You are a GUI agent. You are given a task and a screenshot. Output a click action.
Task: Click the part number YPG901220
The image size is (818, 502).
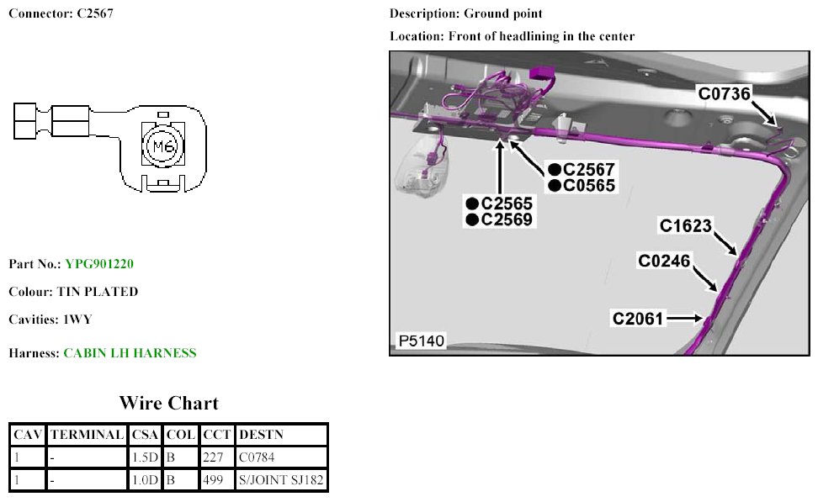pos(99,264)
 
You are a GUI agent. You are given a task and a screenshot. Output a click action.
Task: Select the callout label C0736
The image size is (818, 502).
pos(724,93)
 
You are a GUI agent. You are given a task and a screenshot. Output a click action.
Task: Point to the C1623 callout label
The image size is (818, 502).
pos(686,225)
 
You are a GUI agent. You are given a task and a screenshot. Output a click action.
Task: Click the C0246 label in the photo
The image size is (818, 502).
pos(665,262)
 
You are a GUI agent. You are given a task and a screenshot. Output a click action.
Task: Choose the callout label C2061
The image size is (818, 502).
pos(639,319)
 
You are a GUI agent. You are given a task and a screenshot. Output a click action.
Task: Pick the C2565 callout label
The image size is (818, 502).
pos(507,203)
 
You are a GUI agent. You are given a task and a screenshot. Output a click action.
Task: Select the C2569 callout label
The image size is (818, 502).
pos(507,220)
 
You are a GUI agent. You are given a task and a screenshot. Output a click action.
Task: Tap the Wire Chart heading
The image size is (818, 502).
pos(168,403)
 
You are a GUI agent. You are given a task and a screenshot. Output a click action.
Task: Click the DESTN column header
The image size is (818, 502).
pos(262,435)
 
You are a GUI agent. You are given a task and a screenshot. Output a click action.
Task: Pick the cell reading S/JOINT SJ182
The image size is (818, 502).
pos(282,481)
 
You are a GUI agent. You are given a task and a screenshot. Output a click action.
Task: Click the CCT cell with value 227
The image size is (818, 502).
pos(211,458)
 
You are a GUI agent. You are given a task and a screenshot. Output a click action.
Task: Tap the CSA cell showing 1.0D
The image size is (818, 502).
pos(142,481)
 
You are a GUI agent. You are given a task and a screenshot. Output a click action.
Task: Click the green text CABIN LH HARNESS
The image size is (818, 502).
pos(130,353)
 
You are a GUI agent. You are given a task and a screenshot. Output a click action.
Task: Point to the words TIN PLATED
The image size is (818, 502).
pos(97,292)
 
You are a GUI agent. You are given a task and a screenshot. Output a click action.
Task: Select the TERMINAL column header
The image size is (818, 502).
pos(87,435)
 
